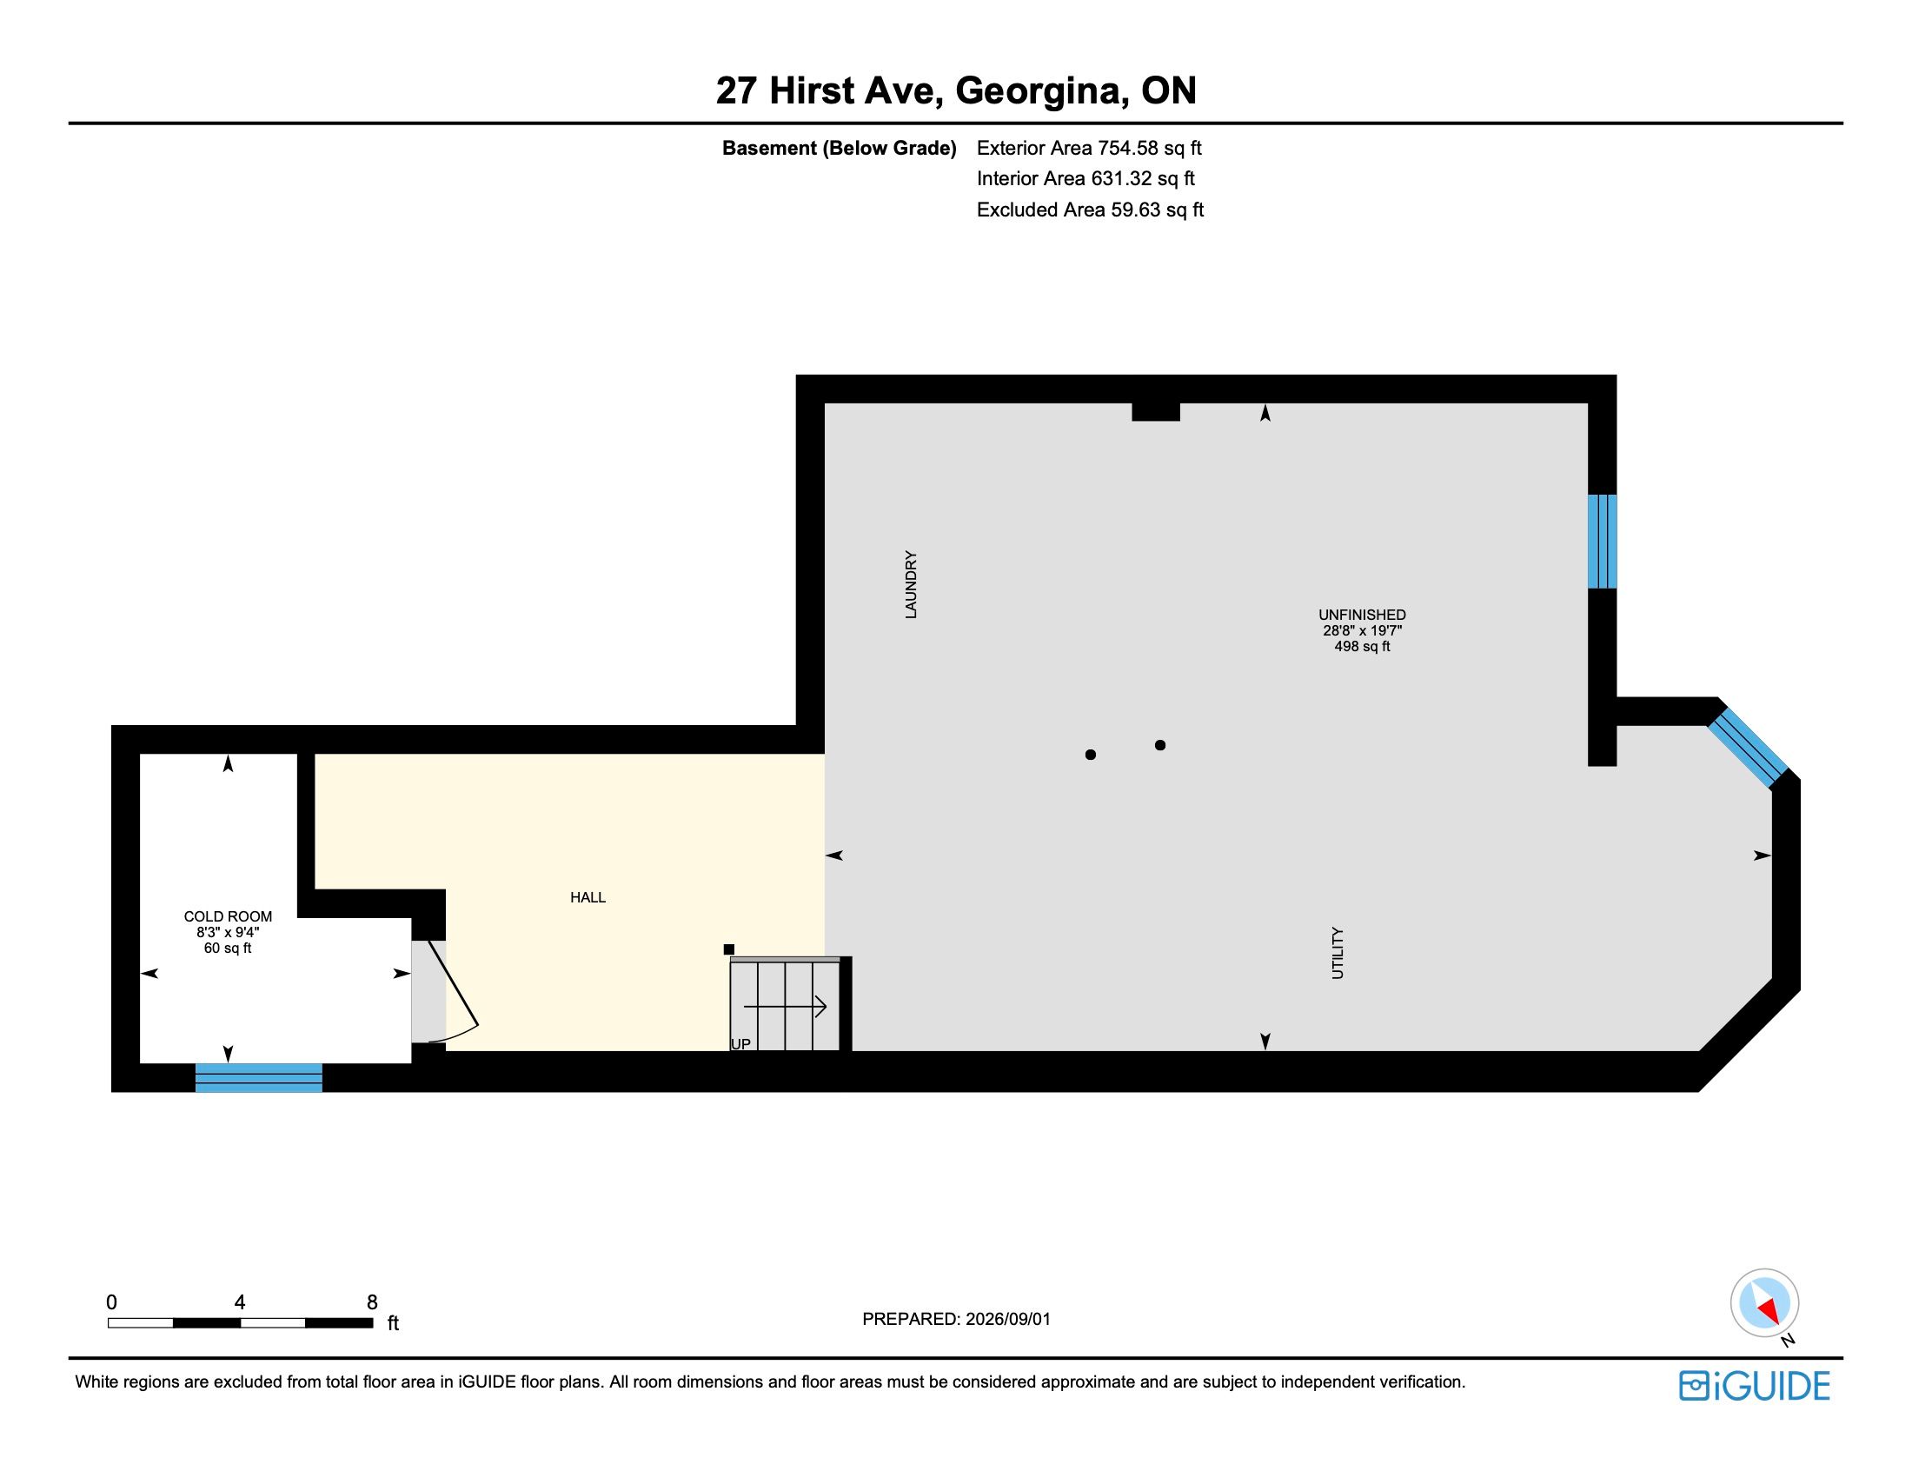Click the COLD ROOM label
click(x=228, y=916)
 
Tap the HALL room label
click(x=588, y=897)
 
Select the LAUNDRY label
click(x=912, y=585)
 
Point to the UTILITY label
click(x=1338, y=954)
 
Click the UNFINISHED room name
click(x=1362, y=616)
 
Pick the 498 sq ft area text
click(x=1362, y=647)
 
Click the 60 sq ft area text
click(x=228, y=949)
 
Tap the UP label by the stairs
click(x=740, y=1044)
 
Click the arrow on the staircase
click(x=786, y=1007)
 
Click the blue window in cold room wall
click(x=259, y=1078)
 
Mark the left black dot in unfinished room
click(x=1091, y=755)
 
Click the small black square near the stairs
click(x=729, y=949)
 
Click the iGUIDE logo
click(x=1755, y=1386)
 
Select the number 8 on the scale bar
click(x=372, y=1302)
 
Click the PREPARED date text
click(x=956, y=1319)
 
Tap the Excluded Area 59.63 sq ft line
click(x=1090, y=210)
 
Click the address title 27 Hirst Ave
click(x=827, y=91)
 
